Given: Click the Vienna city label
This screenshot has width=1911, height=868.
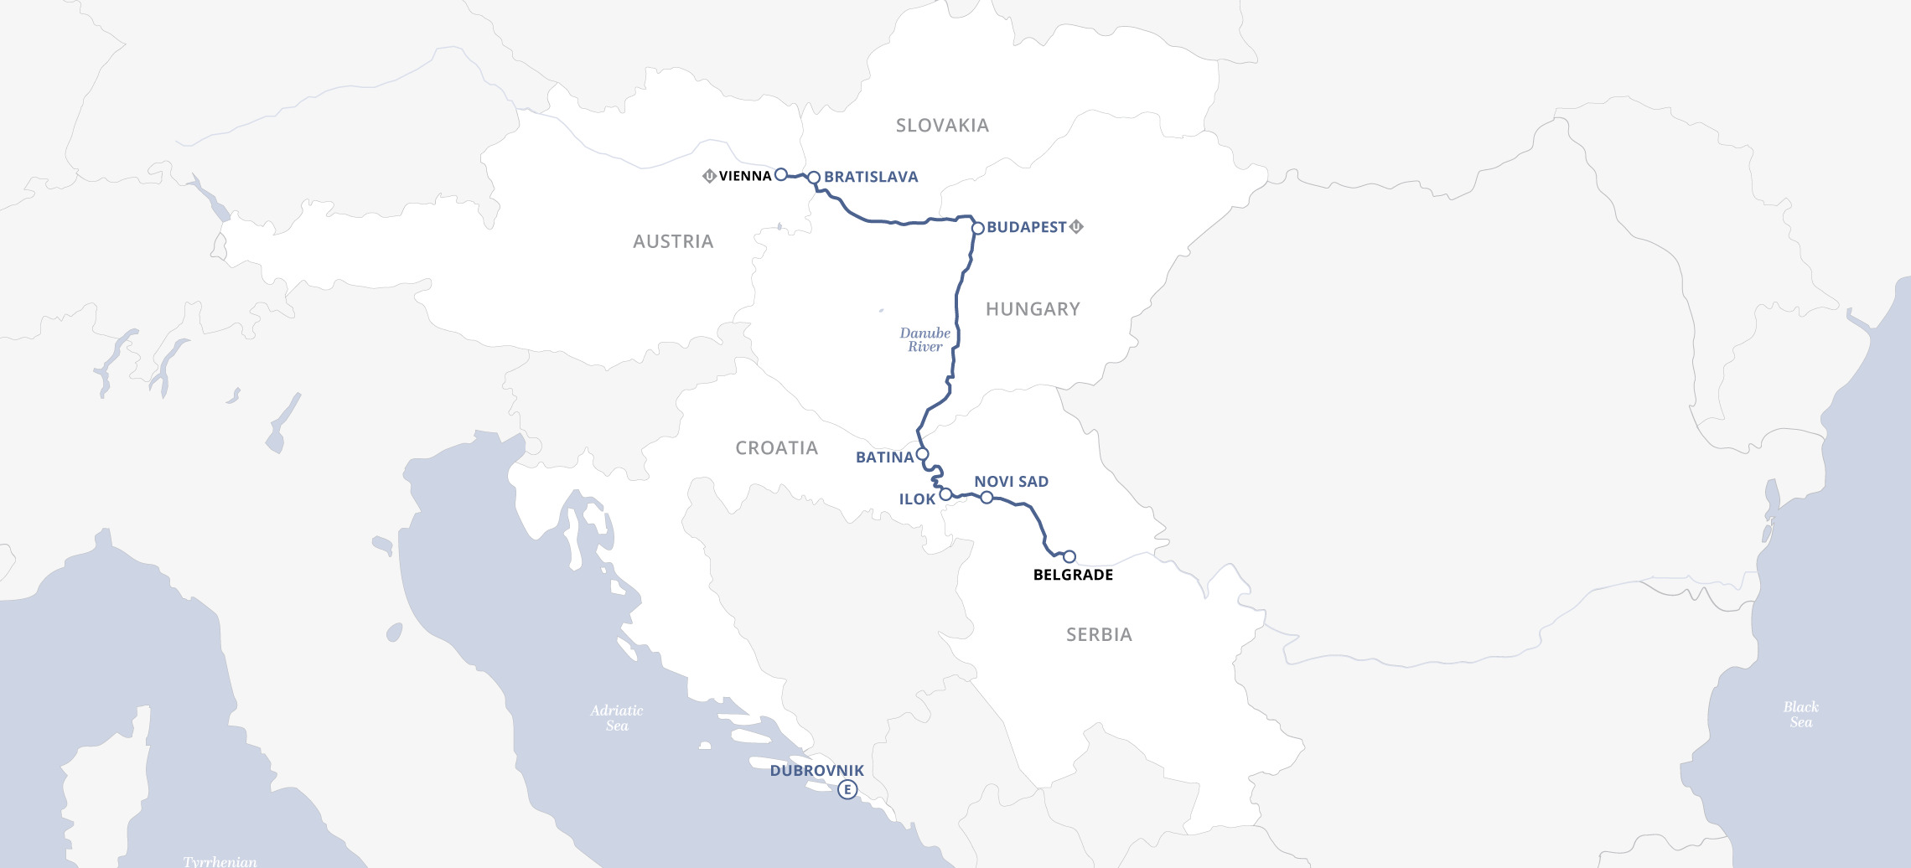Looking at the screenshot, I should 744,176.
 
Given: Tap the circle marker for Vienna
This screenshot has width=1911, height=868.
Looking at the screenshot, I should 780,174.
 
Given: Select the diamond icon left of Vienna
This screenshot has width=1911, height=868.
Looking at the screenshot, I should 709,176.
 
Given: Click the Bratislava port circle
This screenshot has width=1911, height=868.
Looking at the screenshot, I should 813,178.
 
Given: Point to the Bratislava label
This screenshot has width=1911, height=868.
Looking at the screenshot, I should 871,177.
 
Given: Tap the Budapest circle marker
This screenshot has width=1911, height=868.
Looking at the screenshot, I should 977,228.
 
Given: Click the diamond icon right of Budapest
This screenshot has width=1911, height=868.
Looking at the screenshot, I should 1077,226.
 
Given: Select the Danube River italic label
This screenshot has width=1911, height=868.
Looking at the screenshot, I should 924,339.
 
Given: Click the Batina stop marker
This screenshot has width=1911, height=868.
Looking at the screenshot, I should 922,454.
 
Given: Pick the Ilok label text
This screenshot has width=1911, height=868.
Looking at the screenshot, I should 917,499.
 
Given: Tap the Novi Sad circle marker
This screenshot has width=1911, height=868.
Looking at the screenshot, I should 987,498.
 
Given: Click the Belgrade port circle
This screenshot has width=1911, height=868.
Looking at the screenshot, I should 1069,556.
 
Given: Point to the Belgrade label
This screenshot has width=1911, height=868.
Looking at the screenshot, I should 1073,575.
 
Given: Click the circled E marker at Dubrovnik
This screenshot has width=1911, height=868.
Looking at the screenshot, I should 847,789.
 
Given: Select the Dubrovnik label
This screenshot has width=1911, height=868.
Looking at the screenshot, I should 816,770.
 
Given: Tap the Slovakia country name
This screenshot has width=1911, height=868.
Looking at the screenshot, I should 942,126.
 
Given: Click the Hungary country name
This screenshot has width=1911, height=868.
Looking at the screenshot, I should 1033,309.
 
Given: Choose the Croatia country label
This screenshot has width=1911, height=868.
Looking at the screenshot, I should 776,448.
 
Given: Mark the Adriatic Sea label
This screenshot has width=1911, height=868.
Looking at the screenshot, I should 617,718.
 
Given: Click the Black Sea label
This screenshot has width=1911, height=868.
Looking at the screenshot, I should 1800,715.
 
